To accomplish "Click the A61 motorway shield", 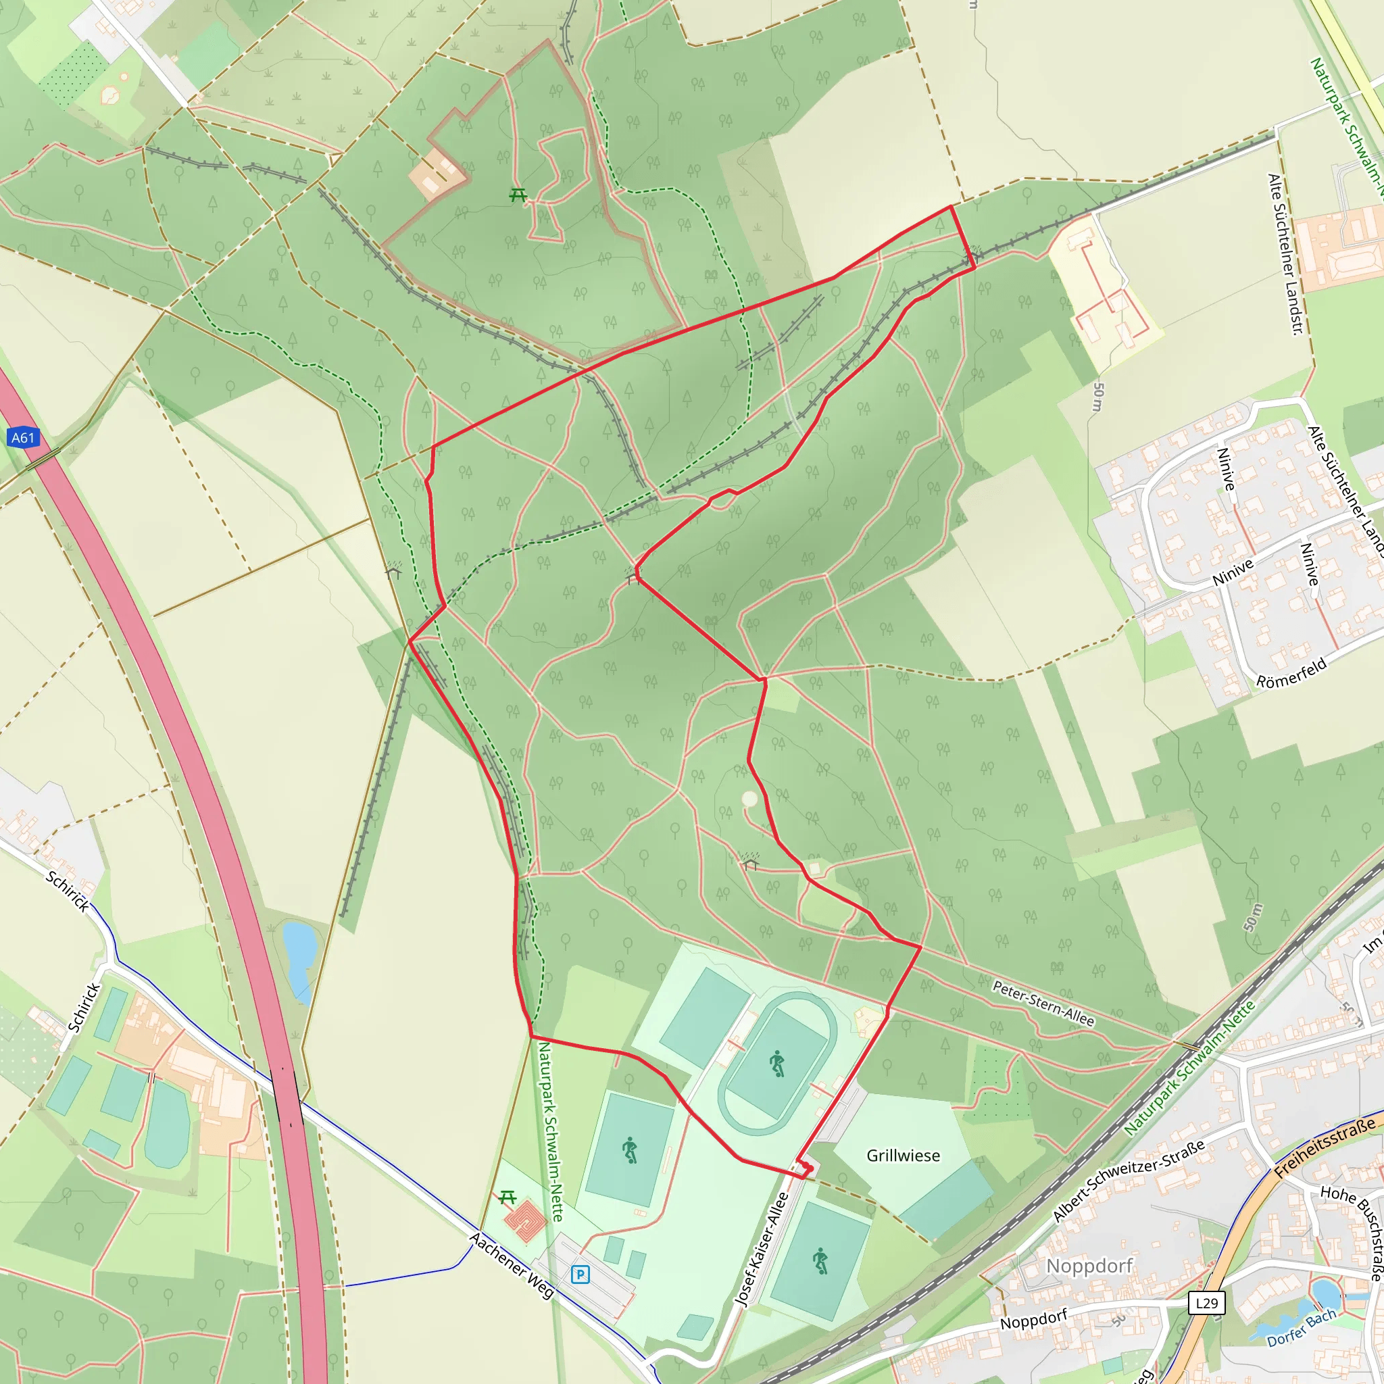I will (23, 438).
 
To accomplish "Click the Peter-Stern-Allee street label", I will (1043, 1004).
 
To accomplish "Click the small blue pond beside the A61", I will (299, 945).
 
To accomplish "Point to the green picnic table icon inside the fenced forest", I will (518, 194).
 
